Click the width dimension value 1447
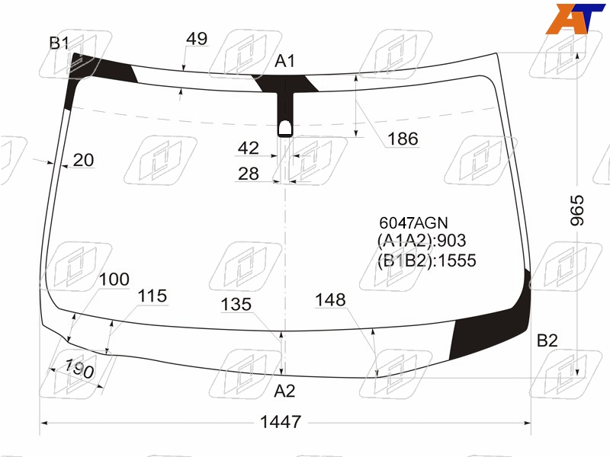(281, 422)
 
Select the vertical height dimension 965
(577, 210)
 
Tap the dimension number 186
(403, 139)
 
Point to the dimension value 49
(197, 39)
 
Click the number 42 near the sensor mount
(249, 148)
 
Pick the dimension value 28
(249, 174)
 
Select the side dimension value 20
(83, 160)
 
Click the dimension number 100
(114, 279)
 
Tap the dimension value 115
(152, 296)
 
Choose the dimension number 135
(236, 304)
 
